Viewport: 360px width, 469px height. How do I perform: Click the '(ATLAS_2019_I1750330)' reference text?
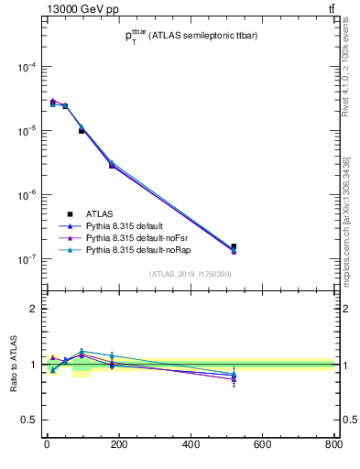click(x=191, y=274)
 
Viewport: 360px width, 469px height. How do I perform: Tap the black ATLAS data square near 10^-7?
click(x=235, y=246)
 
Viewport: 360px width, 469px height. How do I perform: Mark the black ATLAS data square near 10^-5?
click(x=82, y=131)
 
